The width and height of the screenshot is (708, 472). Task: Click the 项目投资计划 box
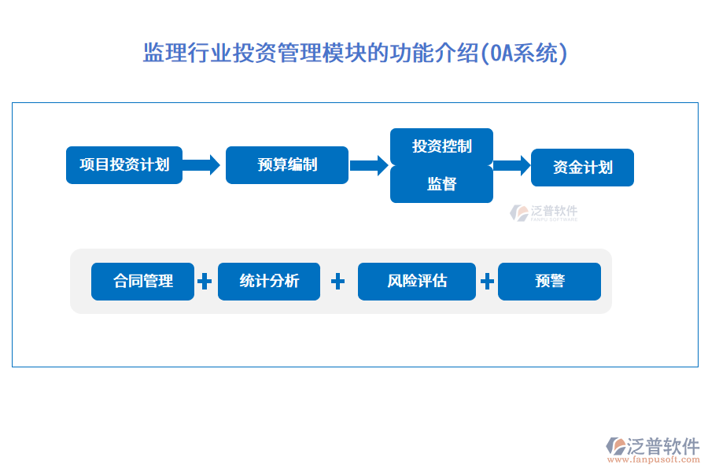[124, 165]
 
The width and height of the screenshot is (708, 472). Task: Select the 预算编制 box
[287, 165]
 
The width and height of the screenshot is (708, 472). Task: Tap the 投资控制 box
[442, 146]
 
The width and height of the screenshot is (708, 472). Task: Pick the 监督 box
[442, 184]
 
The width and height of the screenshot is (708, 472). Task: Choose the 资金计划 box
[582, 168]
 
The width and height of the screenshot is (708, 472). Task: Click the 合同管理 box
[142, 282]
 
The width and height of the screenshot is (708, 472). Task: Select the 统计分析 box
[269, 282]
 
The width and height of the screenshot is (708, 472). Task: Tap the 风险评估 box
[417, 282]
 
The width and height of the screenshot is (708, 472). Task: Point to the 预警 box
[550, 282]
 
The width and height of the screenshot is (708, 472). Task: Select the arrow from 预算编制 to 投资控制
[369, 165]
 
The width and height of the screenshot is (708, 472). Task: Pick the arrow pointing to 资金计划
[511, 165]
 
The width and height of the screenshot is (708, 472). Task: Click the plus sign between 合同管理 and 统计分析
[205, 282]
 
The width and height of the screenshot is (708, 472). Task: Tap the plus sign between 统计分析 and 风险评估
[338, 282]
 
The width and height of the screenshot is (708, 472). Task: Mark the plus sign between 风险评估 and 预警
[488, 282]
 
